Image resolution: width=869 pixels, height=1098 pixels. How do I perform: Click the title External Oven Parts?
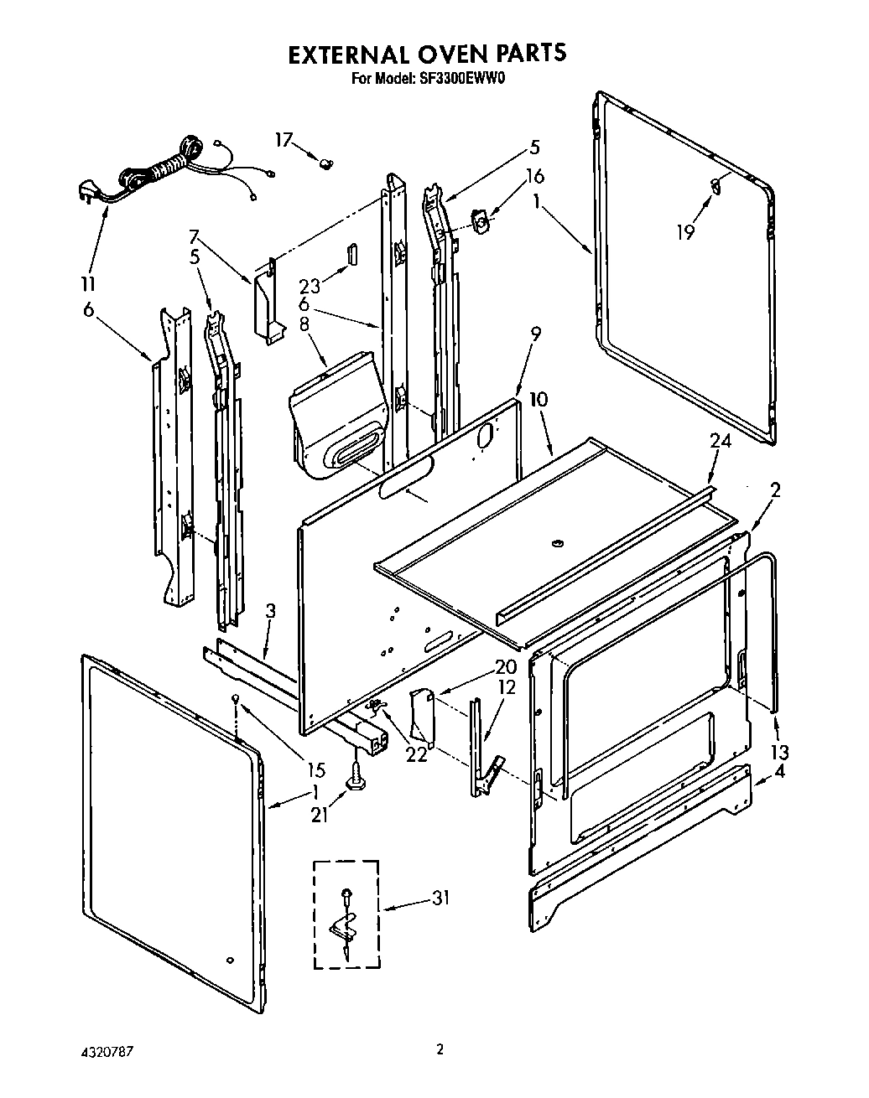tap(427, 54)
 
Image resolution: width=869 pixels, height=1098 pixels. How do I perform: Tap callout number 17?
tap(284, 140)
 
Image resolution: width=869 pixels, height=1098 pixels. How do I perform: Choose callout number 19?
tap(686, 231)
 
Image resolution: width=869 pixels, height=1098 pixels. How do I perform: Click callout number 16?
tap(534, 176)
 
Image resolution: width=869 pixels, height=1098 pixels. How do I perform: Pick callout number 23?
tap(310, 286)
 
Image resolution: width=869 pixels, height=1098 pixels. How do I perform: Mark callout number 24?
tap(721, 442)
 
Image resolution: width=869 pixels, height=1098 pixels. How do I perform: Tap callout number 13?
tap(780, 751)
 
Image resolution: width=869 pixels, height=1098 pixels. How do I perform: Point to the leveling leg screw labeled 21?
tap(357, 775)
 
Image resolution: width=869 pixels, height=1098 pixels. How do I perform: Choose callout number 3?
tap(269, 611)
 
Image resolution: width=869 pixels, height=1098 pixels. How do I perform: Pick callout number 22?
tap(415, 754)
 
